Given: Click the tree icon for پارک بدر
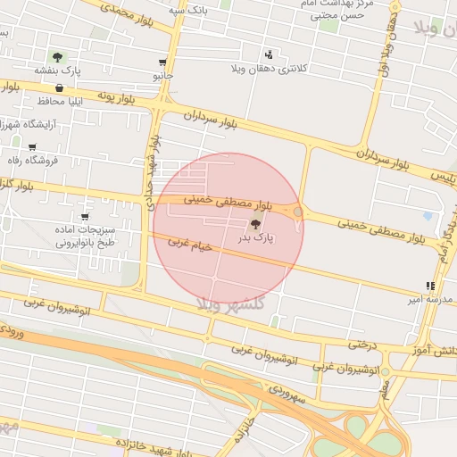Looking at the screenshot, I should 256,224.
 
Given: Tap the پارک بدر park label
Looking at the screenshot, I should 255,238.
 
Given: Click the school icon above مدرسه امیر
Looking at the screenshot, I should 430,287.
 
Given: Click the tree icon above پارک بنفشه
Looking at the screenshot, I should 58,56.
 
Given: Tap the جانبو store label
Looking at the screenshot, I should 161,76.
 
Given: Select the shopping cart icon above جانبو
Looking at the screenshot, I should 162,62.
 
